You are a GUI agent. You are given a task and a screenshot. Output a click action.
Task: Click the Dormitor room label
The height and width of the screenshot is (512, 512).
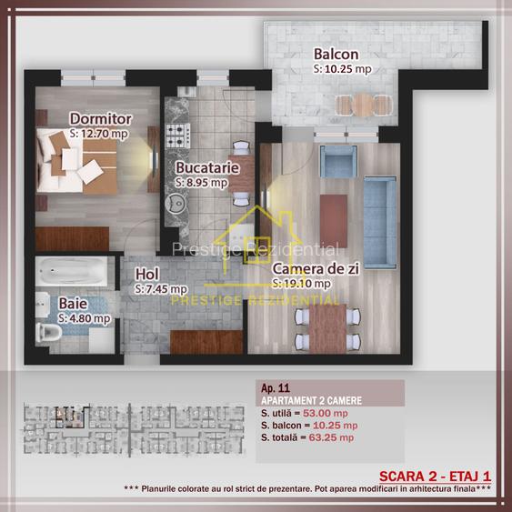click(101, 119)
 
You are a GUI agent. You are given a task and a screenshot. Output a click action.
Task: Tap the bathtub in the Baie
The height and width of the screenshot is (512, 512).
click(71, 271)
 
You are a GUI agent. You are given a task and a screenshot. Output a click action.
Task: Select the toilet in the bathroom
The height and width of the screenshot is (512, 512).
click(48, 333)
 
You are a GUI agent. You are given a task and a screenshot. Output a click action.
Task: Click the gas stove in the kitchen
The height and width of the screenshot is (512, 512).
click(177, 136)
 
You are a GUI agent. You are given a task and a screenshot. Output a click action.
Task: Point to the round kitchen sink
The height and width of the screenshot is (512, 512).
click(176, 204)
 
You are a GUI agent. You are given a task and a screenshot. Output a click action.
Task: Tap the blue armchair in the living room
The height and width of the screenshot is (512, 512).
click(338, 161)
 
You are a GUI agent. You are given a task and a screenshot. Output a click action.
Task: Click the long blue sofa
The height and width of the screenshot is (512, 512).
click(380, 223)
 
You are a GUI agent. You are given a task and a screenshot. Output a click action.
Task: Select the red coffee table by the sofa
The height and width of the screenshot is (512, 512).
click(334, 221)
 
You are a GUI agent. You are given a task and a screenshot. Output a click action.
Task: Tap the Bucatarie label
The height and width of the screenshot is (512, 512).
click(207, 168)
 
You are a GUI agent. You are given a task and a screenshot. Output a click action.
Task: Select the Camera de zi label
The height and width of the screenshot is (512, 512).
click(316, 269)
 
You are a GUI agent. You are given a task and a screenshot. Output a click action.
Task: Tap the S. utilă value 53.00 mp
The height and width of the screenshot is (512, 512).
click(326, 413)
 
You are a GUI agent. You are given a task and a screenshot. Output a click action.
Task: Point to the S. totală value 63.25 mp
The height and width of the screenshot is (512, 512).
click(331, 437)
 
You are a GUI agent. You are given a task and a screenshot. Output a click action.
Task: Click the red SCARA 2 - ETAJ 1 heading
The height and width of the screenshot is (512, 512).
click(435, 477)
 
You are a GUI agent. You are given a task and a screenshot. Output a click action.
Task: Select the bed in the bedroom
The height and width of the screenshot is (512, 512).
click(76, 161)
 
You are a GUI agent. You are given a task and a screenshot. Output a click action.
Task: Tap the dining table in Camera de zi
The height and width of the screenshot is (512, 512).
click(327, 329)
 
